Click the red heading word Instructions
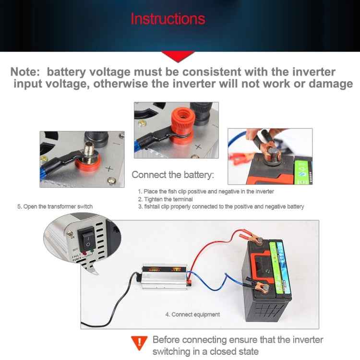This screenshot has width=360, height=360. [168, 19]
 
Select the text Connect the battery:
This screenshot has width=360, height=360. [173, 175]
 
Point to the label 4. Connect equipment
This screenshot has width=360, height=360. [192, 314]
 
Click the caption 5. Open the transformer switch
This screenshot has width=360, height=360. [55, 206]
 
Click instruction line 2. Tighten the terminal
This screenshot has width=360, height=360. [165, 199]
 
